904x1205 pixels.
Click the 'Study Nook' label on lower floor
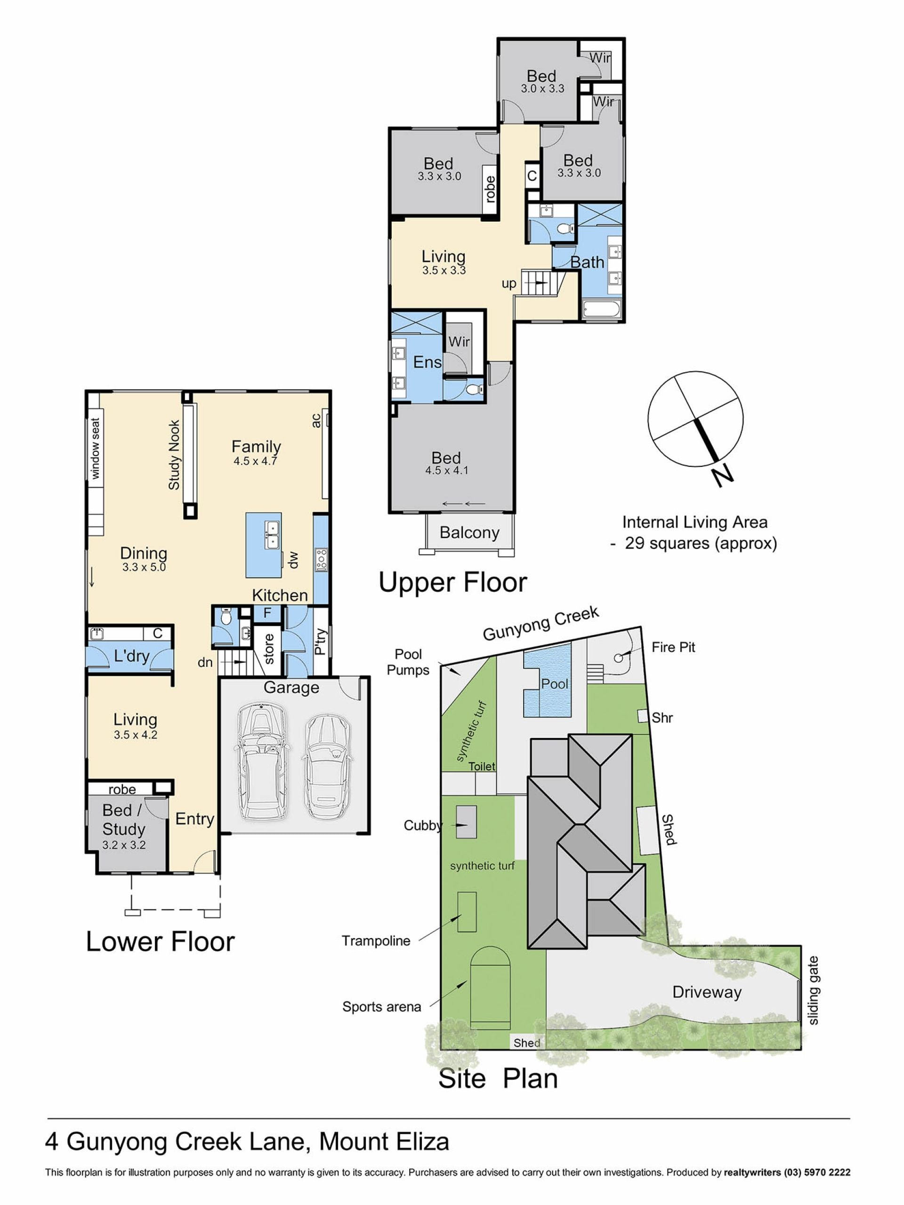point(174,454)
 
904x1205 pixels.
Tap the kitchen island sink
point(272,535)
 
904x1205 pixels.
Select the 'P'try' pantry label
point(321,641)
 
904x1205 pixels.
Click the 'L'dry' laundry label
point(132,655)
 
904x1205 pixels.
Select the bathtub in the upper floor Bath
point(602,310)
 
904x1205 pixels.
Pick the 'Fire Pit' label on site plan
point(673,647)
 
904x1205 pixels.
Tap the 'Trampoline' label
point(376,941)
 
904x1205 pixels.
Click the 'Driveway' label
point(707,991)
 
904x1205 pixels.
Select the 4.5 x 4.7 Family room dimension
point(256,461)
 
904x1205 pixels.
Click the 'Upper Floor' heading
point(453,582)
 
